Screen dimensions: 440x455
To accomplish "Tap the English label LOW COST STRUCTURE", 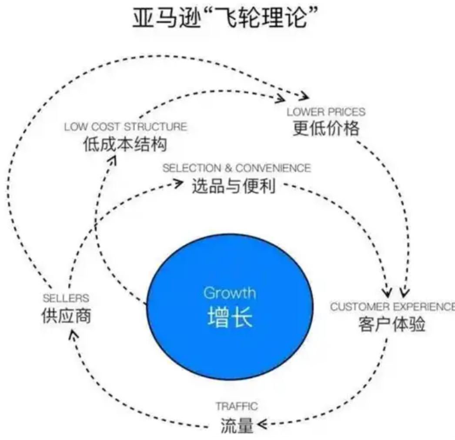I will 126,127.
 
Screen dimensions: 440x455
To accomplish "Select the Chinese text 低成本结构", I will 124,145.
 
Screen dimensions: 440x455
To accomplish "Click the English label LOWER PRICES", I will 326,112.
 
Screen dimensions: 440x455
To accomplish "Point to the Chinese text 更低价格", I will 326,129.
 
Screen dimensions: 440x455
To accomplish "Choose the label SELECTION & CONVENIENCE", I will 237,168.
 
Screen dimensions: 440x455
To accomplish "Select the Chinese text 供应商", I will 67,317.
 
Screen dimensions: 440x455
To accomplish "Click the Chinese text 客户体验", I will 391,325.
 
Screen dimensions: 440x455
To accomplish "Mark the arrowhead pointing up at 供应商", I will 74,334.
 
